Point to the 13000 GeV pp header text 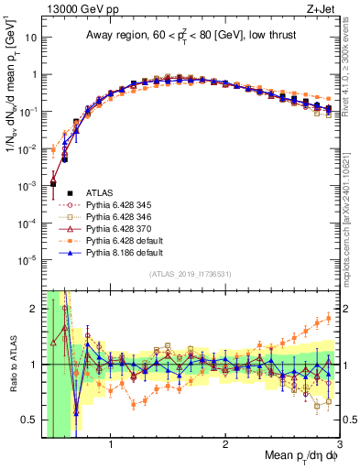click(x=73, y=9)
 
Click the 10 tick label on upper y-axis click(x=31, y=38)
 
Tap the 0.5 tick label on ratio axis click(x=28, y=420)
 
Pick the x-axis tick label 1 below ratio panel click(x=111, y=442)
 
